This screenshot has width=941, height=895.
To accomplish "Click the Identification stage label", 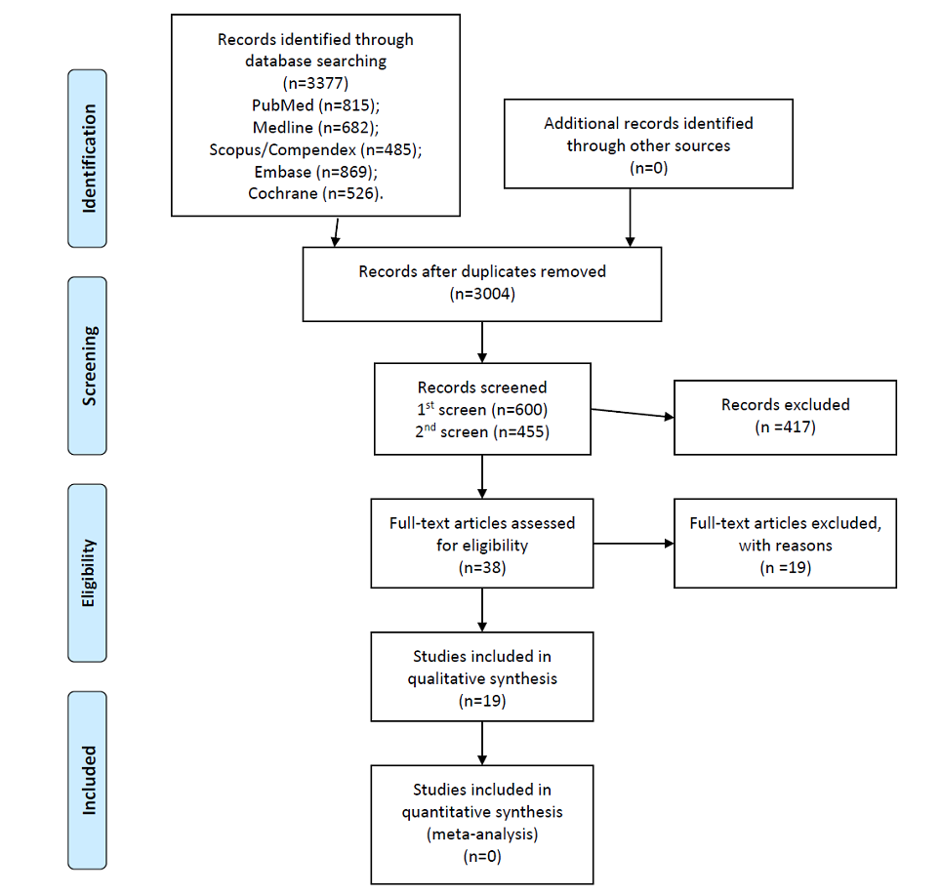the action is click(89, 158).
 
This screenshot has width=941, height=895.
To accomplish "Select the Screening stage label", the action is click(89, 366).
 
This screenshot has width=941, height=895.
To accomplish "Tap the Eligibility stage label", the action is click(88, 573).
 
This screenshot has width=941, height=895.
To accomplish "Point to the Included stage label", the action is click(89, 780).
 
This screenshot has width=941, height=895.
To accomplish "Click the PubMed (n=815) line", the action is click(315, 105).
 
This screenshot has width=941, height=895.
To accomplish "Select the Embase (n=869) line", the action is click(315, 172).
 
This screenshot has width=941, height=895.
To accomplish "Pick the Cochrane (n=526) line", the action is click(315, 194).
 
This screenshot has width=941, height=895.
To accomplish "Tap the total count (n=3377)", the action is click(315, 83).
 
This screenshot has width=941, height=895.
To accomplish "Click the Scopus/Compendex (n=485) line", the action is click(315, 150).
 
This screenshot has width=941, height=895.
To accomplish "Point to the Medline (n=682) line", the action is click(315, 128).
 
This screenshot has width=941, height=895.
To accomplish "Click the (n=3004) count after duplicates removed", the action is click(482, 294).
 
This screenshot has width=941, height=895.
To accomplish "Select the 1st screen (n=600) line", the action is click(482, 410).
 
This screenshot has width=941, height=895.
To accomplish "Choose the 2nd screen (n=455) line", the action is click(482, 432).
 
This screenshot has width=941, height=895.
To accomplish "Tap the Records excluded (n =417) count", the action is click(786, 427).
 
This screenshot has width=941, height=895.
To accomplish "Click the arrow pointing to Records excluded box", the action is click(633, 413).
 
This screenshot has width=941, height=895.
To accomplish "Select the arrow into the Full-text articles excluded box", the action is click(634, 544).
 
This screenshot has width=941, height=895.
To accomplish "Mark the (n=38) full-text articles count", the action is click(482, 567).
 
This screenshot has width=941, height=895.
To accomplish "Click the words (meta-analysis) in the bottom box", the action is click(482, 834).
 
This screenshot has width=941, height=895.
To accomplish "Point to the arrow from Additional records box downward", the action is click(631, 218).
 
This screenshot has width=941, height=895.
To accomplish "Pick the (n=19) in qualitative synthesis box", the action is click(482, 701).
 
